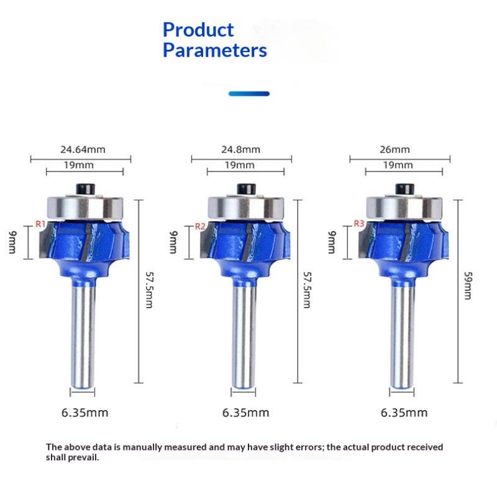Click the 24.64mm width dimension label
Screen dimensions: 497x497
[x=83, y=150]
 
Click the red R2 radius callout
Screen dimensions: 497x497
[x=200, y=226]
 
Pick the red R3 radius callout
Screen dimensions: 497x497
[x=358, y=224]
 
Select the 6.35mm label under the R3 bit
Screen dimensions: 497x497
[x=404, y=413]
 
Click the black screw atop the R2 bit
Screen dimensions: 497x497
[x=244, y=188]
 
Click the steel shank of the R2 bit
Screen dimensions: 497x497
[x=244, y=335]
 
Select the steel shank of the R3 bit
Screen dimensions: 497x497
[x=402, y=335]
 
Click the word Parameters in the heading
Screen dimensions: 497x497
[x=214, y=50]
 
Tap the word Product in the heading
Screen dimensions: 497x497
[x=198, y=29]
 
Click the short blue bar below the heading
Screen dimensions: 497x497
[x=248, y=94]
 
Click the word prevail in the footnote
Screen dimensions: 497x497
[x=83, y=458]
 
